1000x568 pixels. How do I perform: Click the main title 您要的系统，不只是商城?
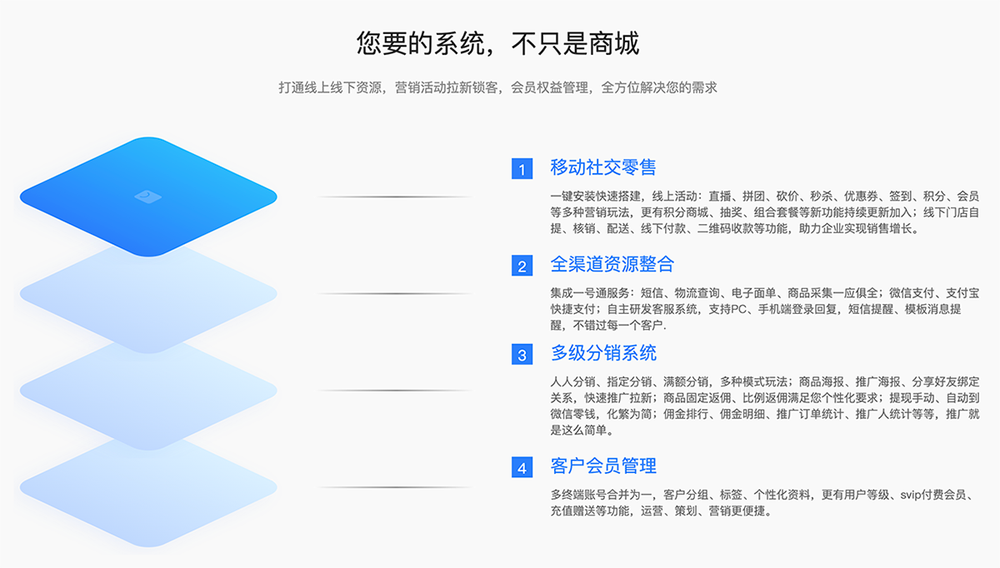(x=497, y=44)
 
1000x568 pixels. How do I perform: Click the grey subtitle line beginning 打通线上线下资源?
(x=497, y=87)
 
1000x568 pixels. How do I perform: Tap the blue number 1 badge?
(x=522, y=169)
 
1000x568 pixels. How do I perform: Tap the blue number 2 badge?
(x=522, y=266)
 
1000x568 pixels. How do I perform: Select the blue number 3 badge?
(x=522, y=354)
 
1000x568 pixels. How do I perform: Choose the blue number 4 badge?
(x=522, y=467)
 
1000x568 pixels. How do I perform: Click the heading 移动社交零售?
(x=603, y=167)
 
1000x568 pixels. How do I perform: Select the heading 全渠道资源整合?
(x=612, y=264)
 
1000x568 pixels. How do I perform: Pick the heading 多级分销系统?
(x=603, y=353)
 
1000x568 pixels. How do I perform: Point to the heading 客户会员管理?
(x=603, y=466)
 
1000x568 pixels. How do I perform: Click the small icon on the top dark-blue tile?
(x=147, y=197)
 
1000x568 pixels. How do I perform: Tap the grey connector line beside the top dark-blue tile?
(x=395, y=197)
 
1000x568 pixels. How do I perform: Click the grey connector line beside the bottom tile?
(x=395, y=487)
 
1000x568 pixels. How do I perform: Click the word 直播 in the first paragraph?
(x=720, y=197)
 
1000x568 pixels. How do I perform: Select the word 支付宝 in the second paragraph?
(x=962, y=293)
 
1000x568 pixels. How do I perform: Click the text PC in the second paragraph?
(x=739, y=309)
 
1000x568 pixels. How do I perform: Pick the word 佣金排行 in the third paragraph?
(x=686, y=415)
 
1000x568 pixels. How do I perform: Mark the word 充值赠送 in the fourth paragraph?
(x=572, y=511)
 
